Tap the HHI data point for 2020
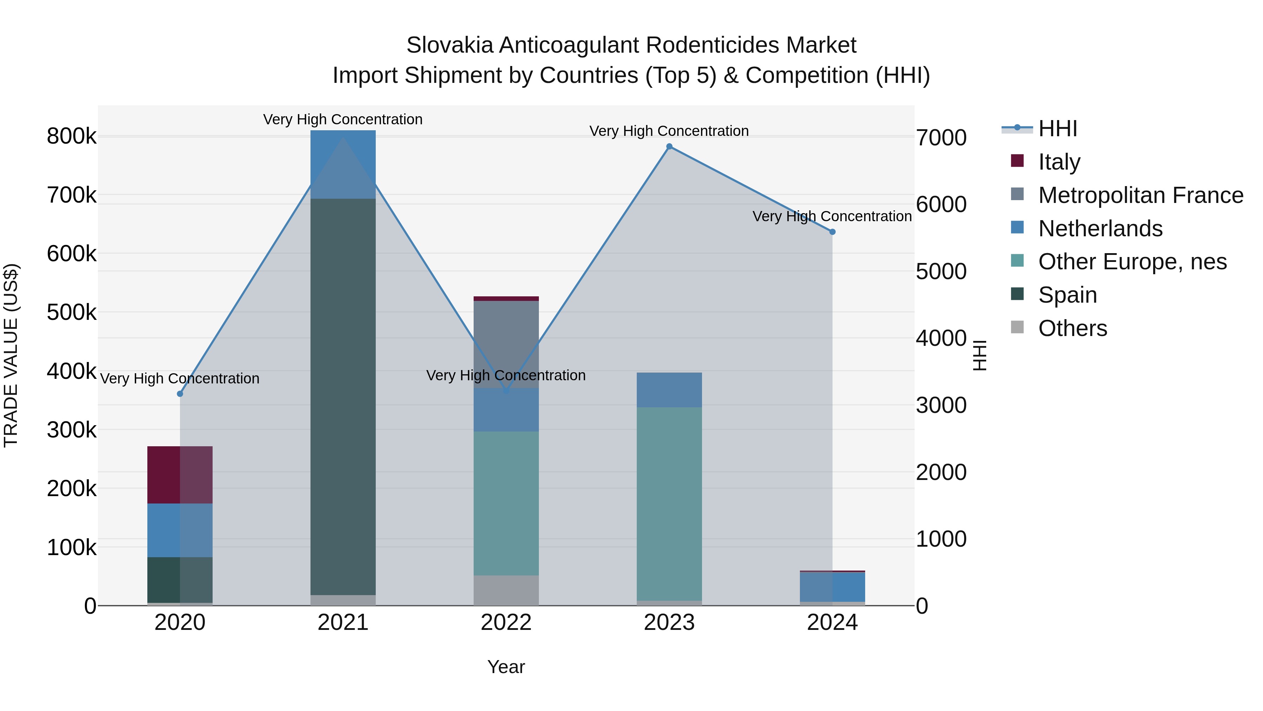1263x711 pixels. (x=180, y=394)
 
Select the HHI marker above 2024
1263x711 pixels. (x=833, y=232)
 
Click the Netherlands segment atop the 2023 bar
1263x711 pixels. (x=669, y=390)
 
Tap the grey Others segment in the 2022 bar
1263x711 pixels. (x=506, y=590)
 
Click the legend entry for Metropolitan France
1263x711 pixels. (x=1141, y=195)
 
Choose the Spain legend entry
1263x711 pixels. (x=1067, y=295)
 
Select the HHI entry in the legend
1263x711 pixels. (x=1057, y=129)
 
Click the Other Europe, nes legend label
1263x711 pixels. (x=1132, y=262)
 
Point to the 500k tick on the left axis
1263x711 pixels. (x=72, y=312)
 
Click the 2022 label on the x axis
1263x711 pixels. (x=506, y=623)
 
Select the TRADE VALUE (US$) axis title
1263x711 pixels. (x=11, y=355)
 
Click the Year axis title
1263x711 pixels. (x=506, y=667)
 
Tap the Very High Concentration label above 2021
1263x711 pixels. (x=343, y=119)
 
